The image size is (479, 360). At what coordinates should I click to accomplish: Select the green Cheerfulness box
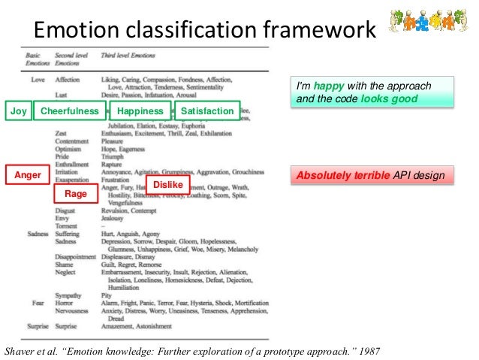tap(69, 111)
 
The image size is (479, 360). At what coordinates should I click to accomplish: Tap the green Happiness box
tap(140, 111)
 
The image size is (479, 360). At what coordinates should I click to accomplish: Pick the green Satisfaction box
tap(207, 111)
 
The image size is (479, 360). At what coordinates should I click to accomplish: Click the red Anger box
tap(28, 175)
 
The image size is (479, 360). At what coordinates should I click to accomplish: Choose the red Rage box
tap(76, 194)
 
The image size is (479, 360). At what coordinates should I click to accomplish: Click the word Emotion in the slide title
tap(74, 31)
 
